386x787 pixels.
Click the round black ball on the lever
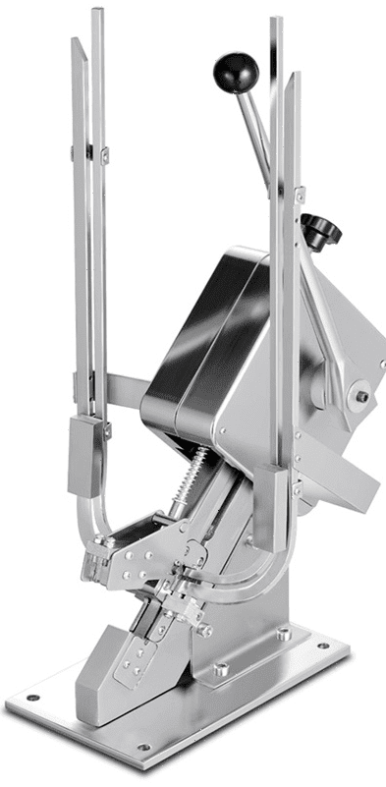[x=236, y=71]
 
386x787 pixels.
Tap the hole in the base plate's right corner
[x=323, y=647]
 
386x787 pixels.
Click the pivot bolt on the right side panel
[x=362, y=397]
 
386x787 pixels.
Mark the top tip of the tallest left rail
[x=96, y=13]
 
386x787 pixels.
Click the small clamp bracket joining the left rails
[x=88, y=152]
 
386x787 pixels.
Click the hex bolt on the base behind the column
[x=283, y=635]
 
